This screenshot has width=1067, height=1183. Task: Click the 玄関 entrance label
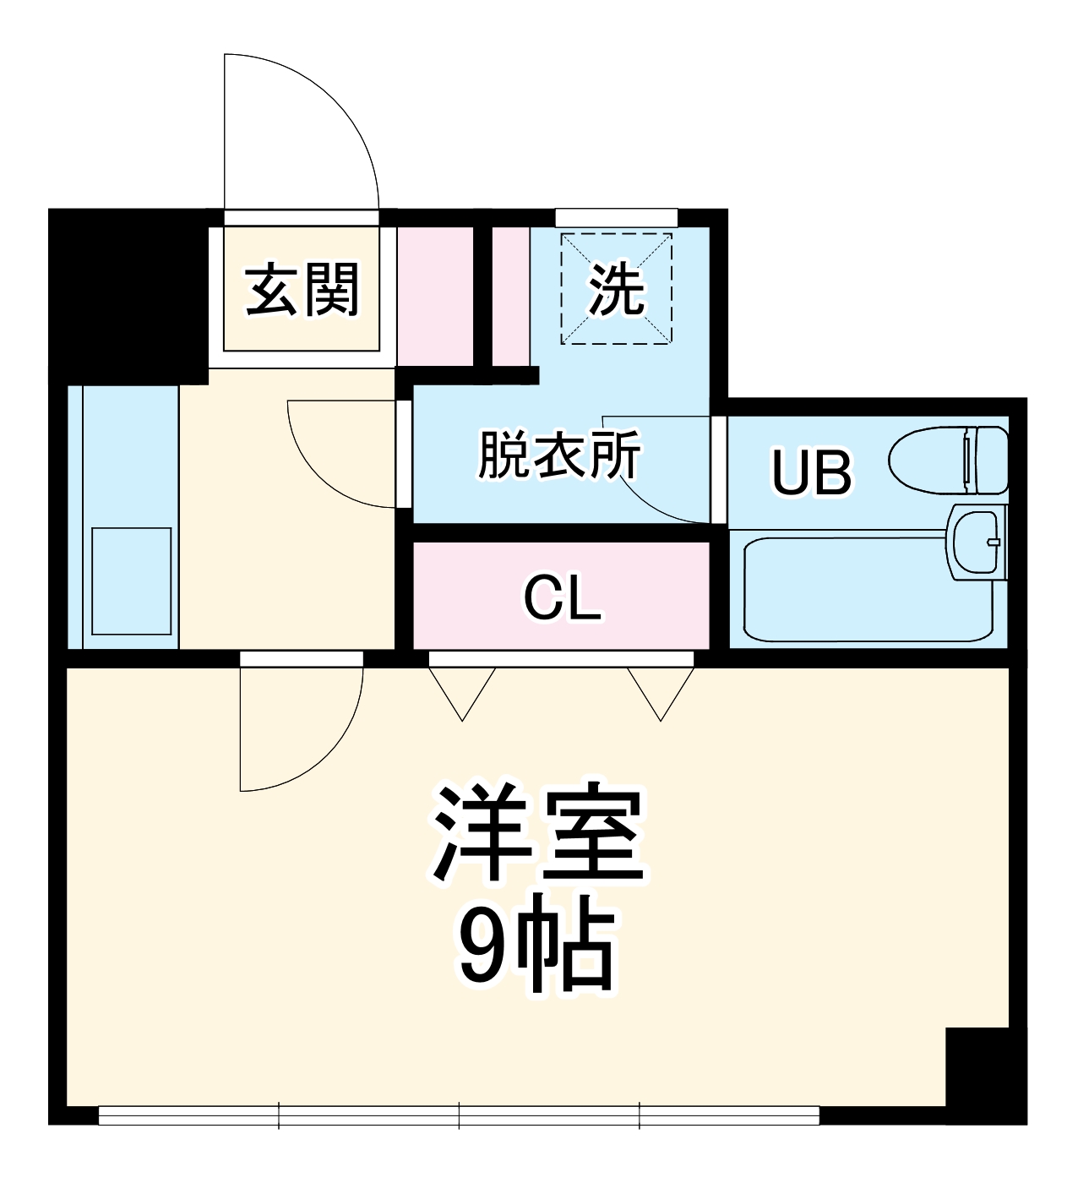point(302,290)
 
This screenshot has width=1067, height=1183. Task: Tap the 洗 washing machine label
point(616,290)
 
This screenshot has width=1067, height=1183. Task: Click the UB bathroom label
point(811,472)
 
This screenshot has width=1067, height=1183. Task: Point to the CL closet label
point(562,598)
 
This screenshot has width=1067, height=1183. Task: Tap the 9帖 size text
point(536,951)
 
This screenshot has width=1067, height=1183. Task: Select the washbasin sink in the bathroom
point(978,542)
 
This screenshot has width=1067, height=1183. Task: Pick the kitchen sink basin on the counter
point(131,581)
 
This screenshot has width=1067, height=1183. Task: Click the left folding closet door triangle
point(461,690)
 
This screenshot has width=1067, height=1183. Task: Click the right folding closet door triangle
point(660,690)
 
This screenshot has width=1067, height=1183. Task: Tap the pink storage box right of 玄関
point(435,296)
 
